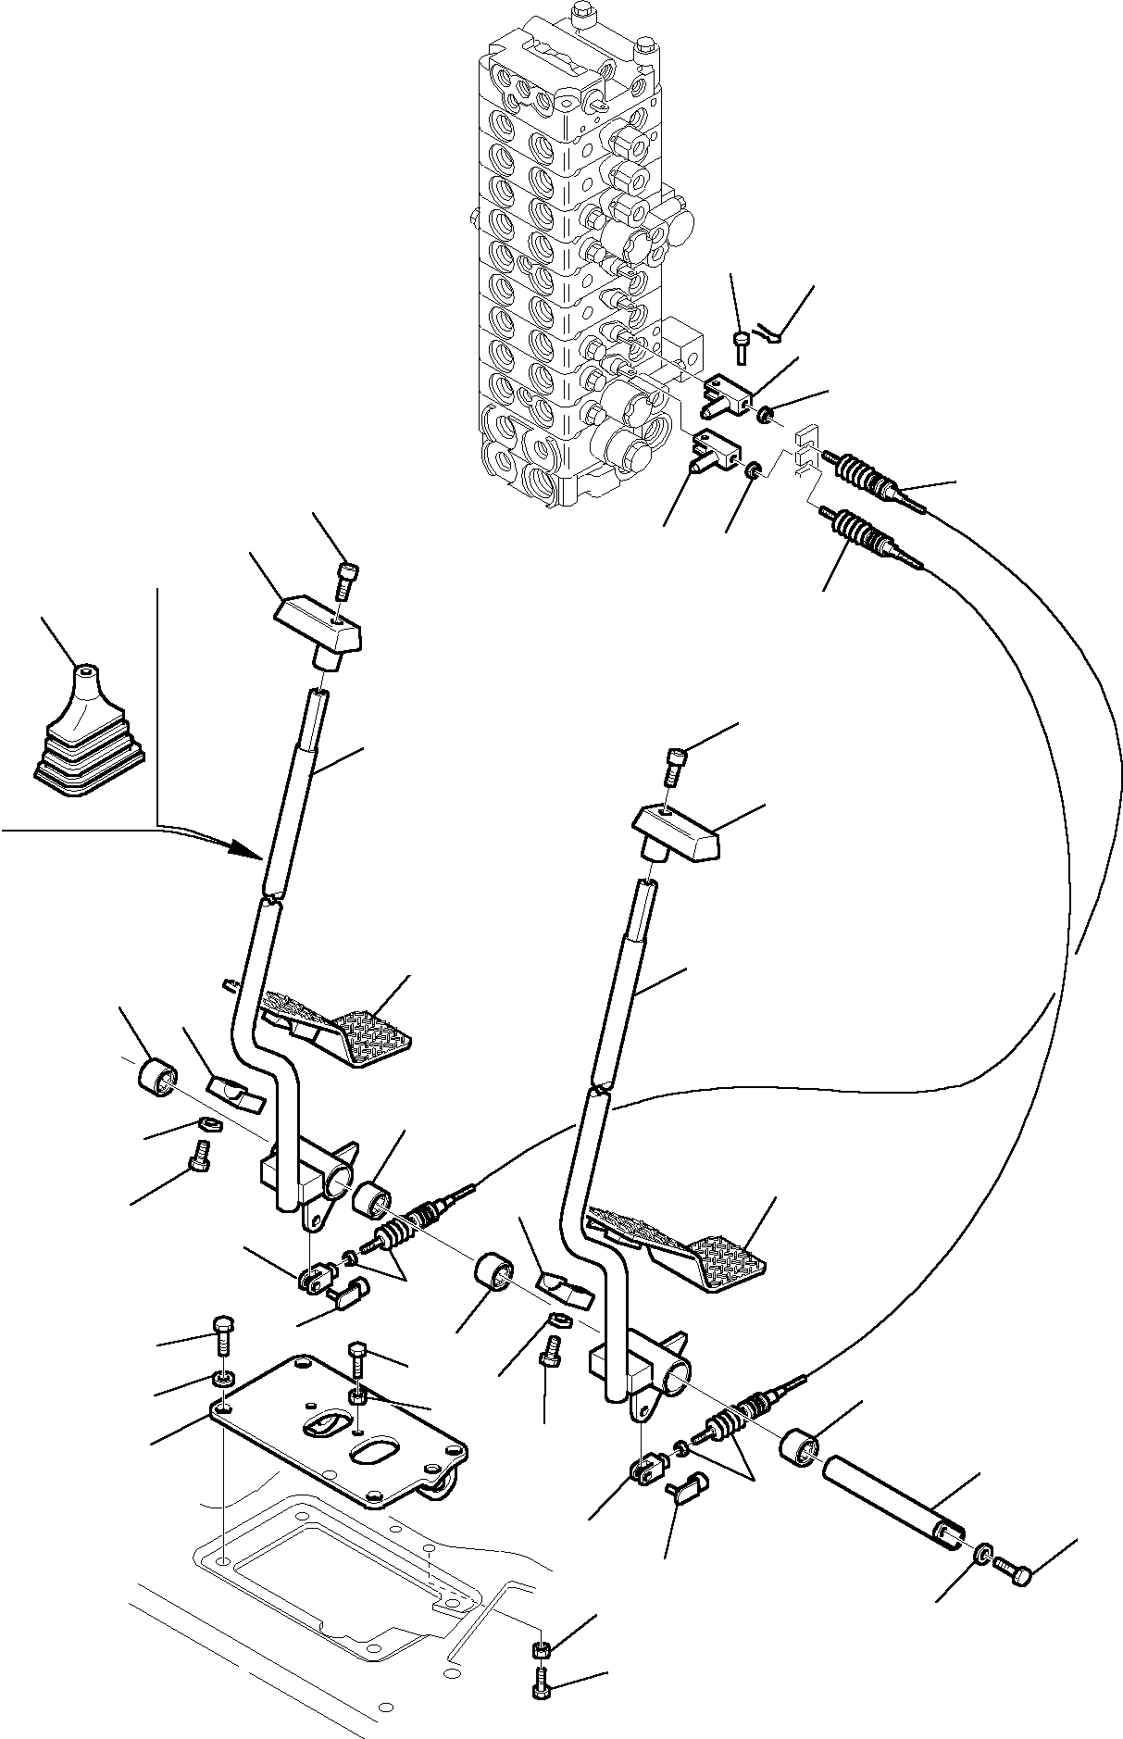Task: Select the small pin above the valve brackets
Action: pyautogui.click(x=742, y=344)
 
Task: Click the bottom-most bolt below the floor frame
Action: pyautogui.click(x=543, y=1689)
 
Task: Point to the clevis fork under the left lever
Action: pyautogui.click(x=312, y=1279)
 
